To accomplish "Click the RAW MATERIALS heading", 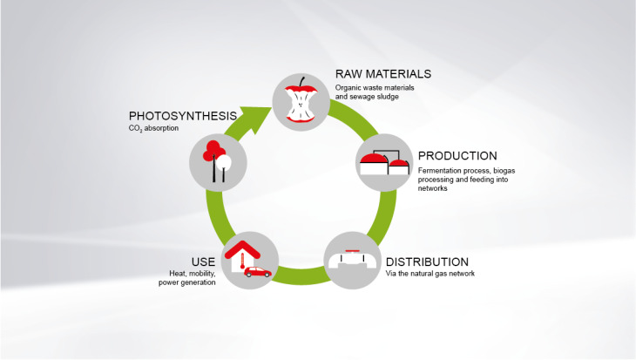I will click(382, 73).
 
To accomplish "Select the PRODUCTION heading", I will click(457, 156).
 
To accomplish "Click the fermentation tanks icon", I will click(385, 162).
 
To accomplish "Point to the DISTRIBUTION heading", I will click(427, 262).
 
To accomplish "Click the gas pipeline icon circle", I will click(354, 260).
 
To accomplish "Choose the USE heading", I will click(203, 262).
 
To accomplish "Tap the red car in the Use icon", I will click(257, 272).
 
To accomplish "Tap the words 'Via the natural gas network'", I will click(428, 275).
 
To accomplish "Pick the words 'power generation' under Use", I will click(187, 283).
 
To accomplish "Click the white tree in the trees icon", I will click(223, 160).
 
